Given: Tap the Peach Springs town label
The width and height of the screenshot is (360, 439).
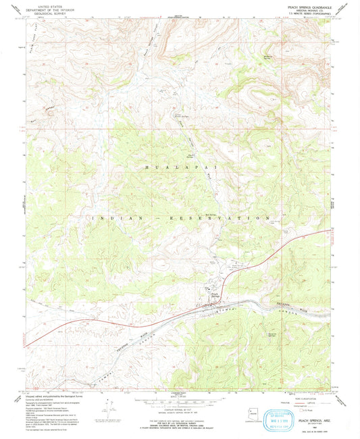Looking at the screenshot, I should pyautogui.click(x=214, y=294).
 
